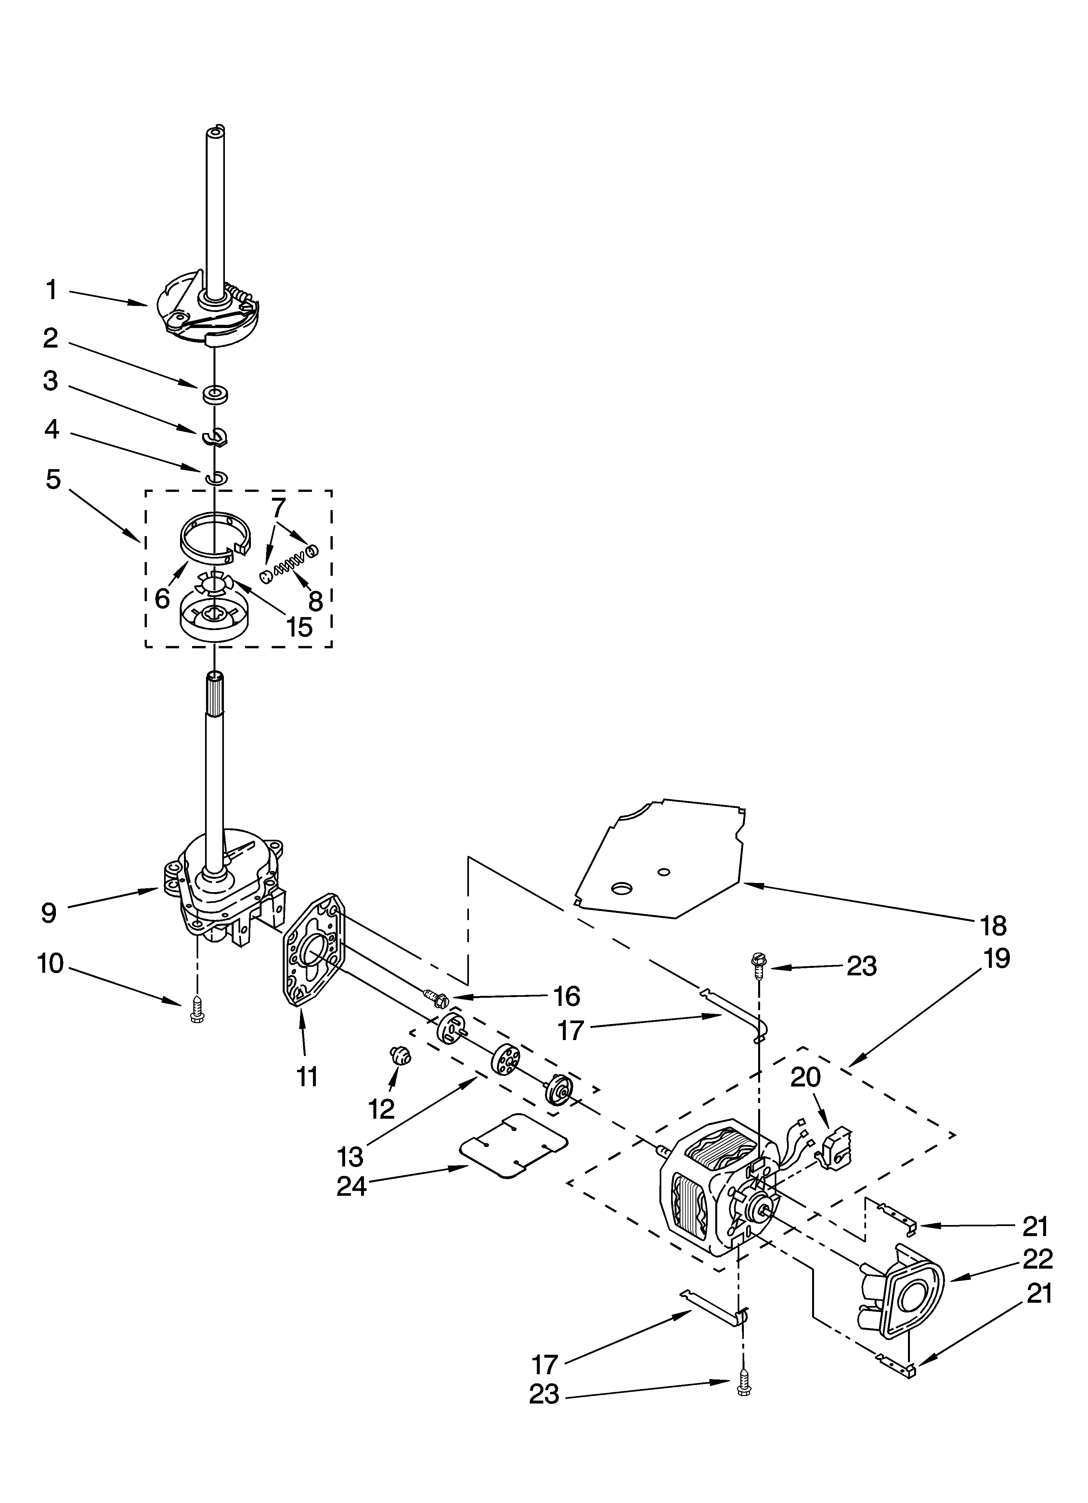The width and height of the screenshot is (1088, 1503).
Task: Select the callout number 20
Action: coord(805,1077)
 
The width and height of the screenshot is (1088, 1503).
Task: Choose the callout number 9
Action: coord(48,913)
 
